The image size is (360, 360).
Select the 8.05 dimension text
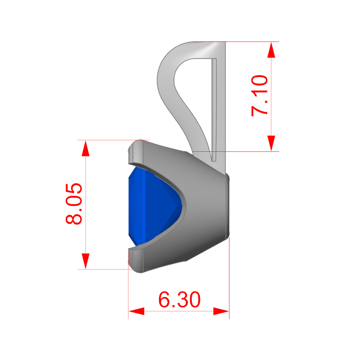pyautogui.click(x=74, y=204)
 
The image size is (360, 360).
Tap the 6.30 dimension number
pyautogui.click(x=179, y=299)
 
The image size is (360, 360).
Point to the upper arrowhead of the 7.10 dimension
pyautogui.click(x=271, y=50)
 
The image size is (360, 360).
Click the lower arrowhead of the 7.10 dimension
pyautogui.click(x=271, y=143)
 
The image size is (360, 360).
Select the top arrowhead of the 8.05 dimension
pyautogui.click(x=85, y=148)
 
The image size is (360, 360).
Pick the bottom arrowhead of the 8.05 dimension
pyautogui.click(x=85, y=261)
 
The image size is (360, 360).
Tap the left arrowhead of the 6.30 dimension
pyautogui.click(x=136, y=311)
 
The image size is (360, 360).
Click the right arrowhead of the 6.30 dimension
pyautogui.click(x=221, y=311)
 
